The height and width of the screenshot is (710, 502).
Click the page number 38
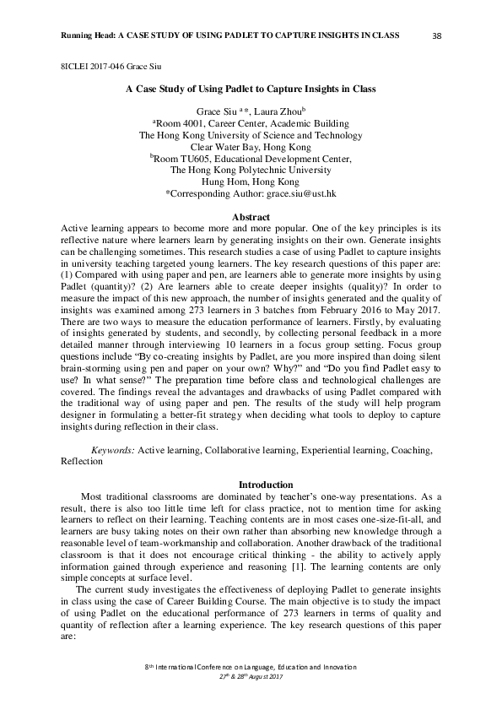pos(437,35)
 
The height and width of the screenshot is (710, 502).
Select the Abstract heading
pos(251,218)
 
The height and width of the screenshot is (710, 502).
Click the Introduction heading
pos(251,485)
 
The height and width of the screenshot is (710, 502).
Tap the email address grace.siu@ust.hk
pos(302,193)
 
